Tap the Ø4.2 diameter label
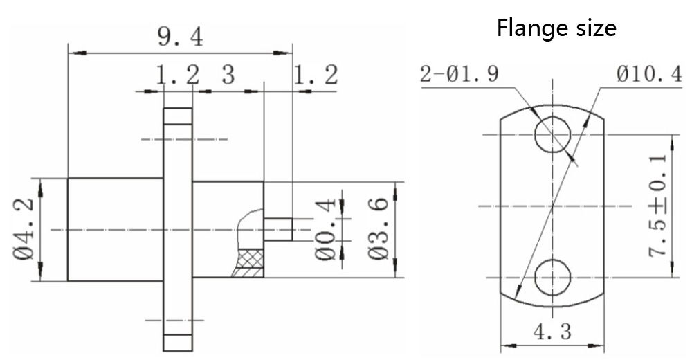point(24,229)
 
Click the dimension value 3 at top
point(228,75)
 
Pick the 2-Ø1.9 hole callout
point(459,74)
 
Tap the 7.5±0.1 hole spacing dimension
point(658,206)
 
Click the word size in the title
point(594,28)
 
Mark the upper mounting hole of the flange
point(552,134)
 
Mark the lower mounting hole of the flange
point(552,277)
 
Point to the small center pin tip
point(278,230)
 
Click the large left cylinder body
point(115,229)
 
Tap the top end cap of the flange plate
point(177,116)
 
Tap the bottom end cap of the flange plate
point(177,342)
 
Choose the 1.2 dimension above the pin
point(316,75)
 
